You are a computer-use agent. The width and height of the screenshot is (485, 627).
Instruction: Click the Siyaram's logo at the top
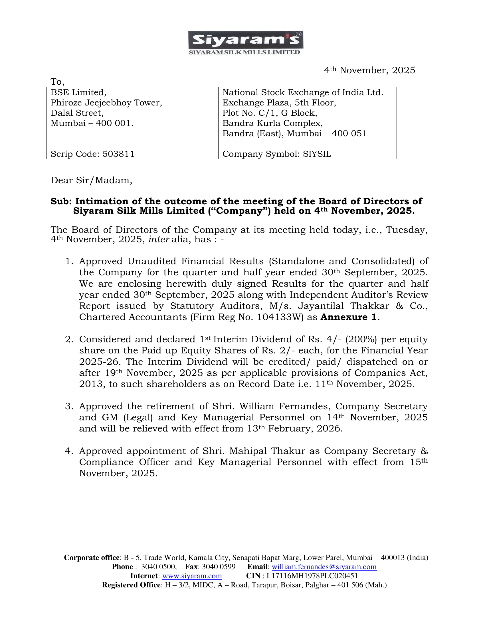coord(245,43)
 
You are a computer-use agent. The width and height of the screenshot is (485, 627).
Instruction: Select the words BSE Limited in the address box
coord(78,92)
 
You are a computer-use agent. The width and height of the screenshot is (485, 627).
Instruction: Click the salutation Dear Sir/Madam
coord(91,180)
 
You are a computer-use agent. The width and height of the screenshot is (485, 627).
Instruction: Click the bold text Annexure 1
coord(349,317)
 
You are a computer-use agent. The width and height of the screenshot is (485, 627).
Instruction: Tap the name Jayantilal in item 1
coord(321,306)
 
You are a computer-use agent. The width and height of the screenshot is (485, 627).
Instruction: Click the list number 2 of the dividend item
coord(69,339)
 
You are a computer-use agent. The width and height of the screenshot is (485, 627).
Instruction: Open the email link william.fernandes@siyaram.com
coord(324,567)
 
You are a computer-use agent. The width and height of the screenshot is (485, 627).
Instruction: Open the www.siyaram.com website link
coord(192,576)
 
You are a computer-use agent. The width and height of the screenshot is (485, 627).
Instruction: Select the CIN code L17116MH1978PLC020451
coord(312,576)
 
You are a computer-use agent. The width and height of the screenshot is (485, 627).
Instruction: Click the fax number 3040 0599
coord(218,567)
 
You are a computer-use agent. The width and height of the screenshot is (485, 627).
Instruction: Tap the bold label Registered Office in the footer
coord(131,585)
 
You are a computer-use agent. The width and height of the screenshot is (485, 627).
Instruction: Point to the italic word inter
coord(159,239)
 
